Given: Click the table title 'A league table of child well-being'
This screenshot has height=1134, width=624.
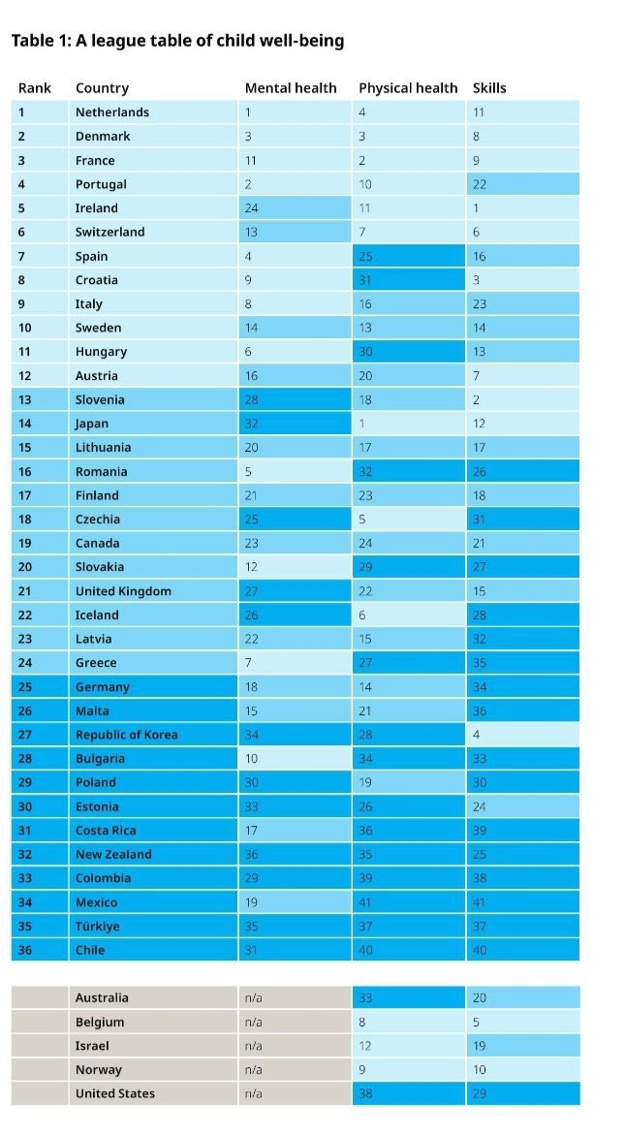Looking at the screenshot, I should point(176,41).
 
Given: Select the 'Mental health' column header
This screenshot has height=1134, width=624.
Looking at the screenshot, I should point(291,88).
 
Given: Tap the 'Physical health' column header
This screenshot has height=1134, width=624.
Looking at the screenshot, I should point(408,88).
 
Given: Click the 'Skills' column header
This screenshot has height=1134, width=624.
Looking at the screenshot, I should point(489,88).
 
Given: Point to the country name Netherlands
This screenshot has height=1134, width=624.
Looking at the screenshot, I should point(112,112).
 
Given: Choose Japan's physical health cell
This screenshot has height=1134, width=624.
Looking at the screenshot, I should point(408,424).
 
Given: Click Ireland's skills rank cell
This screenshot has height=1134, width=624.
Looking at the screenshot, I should point(522,208).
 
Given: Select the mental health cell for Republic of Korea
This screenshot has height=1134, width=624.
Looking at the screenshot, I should point(295,735).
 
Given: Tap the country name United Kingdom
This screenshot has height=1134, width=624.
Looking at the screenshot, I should point(123,591).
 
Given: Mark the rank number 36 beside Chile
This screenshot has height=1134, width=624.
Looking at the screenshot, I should point(25,950).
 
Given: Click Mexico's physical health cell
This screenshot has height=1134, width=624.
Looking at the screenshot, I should point(408,902).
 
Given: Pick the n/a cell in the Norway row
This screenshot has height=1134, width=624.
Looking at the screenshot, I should point(295,1070).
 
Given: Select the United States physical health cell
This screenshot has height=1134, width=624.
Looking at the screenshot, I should point(408,1094).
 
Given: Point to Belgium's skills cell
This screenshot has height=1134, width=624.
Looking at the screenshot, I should point(522,1022).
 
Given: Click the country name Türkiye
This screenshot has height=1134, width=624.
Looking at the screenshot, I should point(98,927).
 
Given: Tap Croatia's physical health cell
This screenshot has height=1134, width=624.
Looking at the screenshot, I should point(408,280).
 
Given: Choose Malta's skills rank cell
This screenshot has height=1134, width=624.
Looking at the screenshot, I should point(522,710).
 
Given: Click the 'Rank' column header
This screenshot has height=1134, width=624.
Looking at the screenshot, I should point(34,88).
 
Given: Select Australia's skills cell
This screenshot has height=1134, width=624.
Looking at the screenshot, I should point(522,998).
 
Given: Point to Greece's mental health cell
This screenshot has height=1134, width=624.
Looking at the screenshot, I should point(295,663).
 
